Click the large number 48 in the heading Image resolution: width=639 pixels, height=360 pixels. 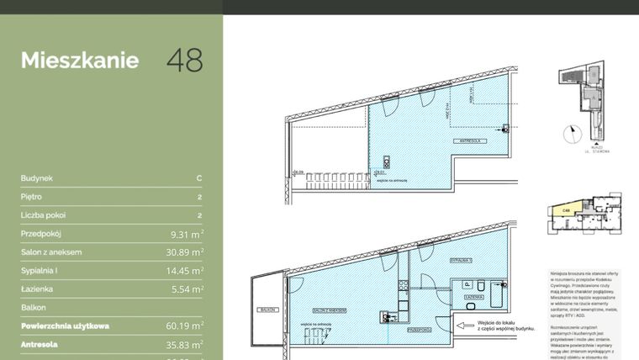pos(184,60)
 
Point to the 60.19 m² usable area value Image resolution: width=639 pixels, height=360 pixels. pos(182,326)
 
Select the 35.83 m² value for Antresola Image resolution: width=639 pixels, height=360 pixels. pos(182,344)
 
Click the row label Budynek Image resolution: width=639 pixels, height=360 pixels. pos(38,178)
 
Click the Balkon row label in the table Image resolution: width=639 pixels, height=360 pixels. pos(34,308)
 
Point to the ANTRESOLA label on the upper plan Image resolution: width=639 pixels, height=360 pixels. pos(466,140)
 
